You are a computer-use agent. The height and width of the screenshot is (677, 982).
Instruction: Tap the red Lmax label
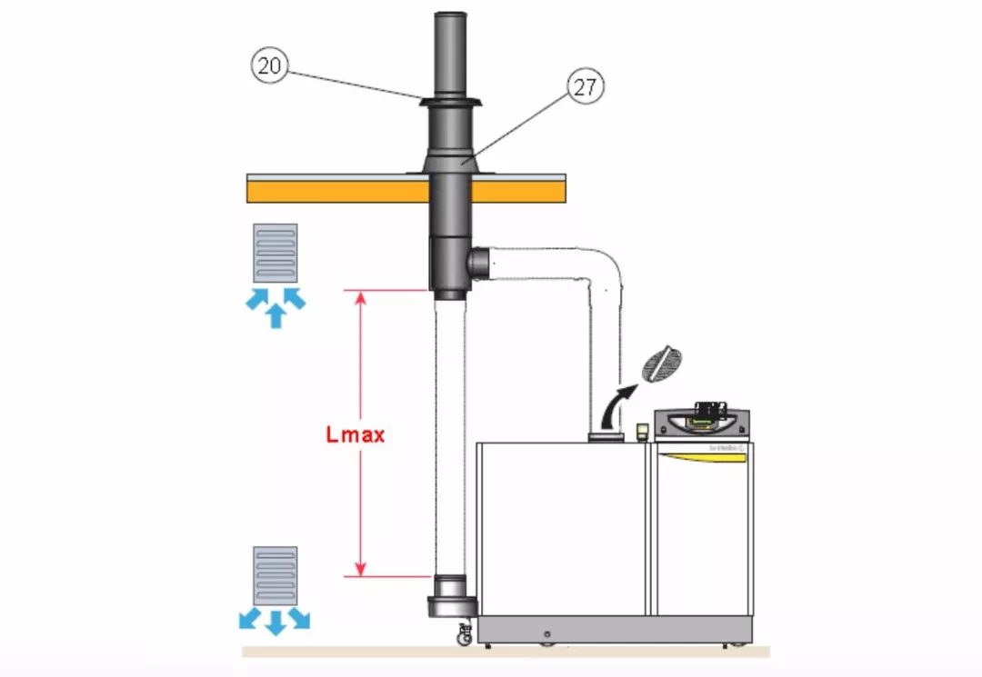coord(356,434)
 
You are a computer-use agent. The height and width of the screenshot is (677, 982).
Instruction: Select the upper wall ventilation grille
coord(276,252)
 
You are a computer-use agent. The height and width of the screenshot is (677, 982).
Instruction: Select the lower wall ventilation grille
coord(276,575)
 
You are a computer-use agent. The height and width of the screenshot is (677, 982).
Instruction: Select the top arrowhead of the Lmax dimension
coord(361,296)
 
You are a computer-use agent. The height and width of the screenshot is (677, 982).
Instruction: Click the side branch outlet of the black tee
coord(478,264)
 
